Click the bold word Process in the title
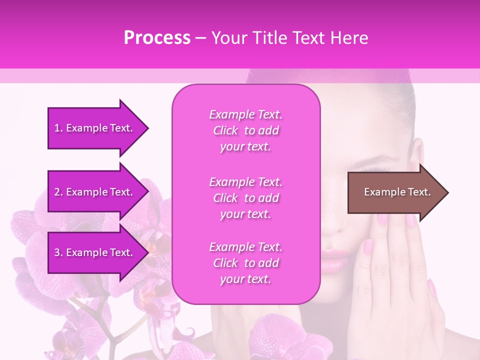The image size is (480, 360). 157,38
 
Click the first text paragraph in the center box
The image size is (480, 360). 245,130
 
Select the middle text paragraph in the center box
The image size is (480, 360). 245,198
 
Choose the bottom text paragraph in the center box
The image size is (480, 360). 245,263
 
